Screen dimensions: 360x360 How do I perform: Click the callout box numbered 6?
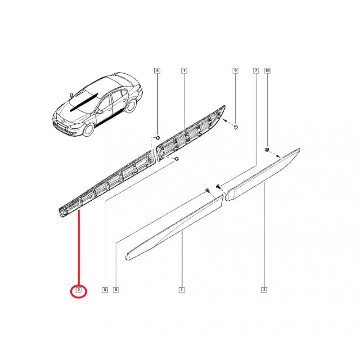[x=157, y=71]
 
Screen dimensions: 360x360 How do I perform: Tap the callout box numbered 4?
[x=184, y=71]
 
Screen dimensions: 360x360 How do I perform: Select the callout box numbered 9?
[x=235, y=71]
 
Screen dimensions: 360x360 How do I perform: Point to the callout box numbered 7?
[x=256, y=71]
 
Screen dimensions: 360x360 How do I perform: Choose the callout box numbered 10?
[x=267, y=71]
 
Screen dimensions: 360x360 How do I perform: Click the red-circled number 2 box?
[x=78, y=290]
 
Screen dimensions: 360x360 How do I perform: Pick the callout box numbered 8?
[x=105, y=290]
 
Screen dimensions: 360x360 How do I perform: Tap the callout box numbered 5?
[x=116, y=290]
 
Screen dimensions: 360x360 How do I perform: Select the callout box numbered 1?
[x=182, y=290]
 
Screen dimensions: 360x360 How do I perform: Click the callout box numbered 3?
[x=264, y=290]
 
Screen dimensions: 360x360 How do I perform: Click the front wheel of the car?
[x=88, y=130]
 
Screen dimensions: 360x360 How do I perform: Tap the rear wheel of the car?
[x=130, y=106]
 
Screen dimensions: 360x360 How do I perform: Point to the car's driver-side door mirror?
[x=99, y=112]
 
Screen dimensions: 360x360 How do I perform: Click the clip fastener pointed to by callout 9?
[x=235, y=127]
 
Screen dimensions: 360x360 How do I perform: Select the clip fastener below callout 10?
[x=267, y=149]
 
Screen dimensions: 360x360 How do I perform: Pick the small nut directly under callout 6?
[x=158, y=138]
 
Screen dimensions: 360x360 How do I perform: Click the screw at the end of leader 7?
[x=218, y=186]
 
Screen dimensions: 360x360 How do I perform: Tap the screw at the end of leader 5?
[x=207, y=190]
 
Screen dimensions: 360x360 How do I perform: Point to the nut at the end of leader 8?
[x=176, y=159]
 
